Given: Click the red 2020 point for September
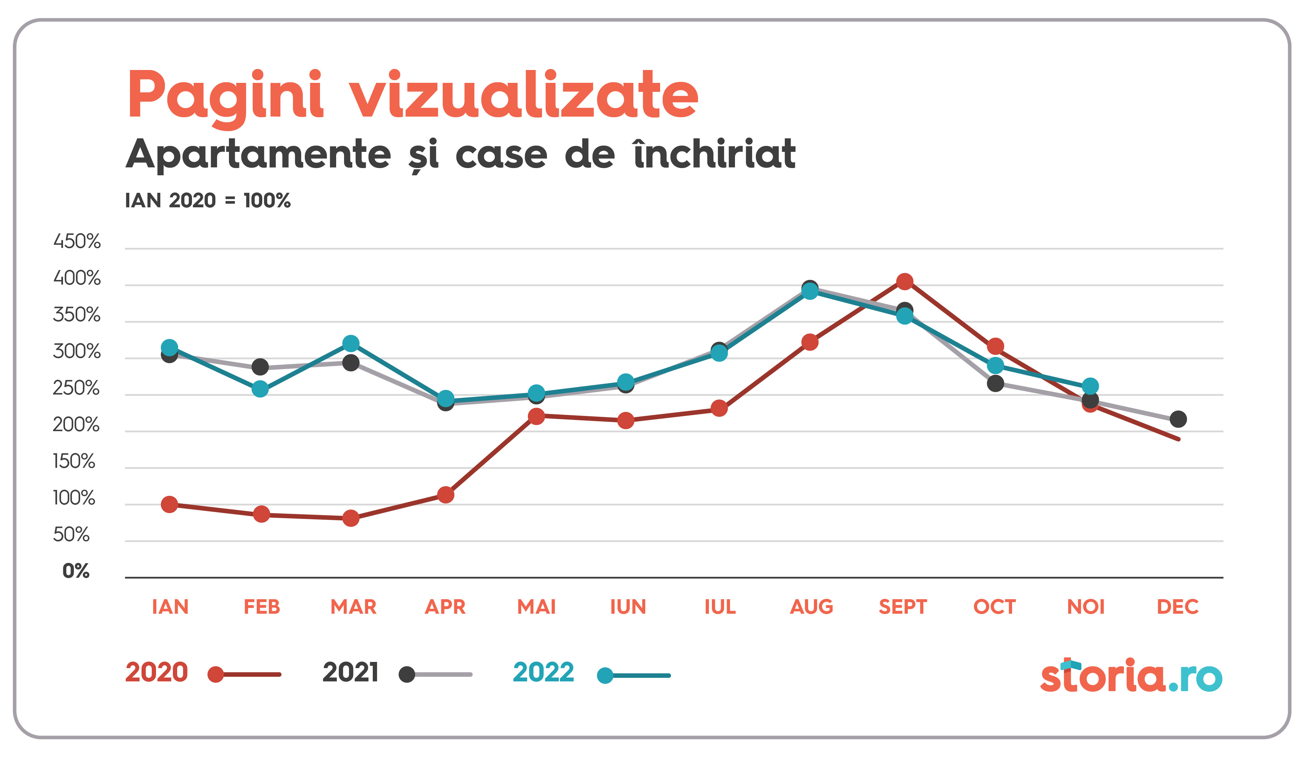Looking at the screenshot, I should pos(904,282).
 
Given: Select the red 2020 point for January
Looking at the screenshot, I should pos(170,504).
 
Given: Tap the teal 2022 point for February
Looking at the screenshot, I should pos(260,389).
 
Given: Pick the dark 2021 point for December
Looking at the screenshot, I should pos(1178,419).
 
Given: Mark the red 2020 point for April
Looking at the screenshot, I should pos(446,495).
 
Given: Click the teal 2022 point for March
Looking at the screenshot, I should pos(351,343).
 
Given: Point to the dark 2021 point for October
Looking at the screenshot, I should pos(995,383).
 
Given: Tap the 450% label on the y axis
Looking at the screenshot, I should pos(77,242).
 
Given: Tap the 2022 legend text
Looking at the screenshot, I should pos(543,672).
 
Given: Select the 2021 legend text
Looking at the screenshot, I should pos(350,672).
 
